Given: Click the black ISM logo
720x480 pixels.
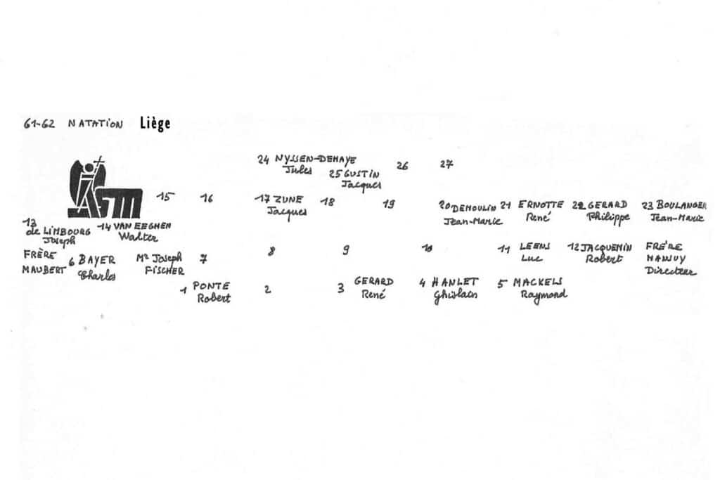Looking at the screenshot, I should click(105, 189).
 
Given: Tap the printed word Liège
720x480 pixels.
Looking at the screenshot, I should click(155, 124).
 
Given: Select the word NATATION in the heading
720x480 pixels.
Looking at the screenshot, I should click(96, 124).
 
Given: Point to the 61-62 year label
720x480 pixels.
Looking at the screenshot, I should click(40, 124).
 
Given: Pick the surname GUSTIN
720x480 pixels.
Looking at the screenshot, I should click(362, 174).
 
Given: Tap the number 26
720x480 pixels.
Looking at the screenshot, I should click(402, 167).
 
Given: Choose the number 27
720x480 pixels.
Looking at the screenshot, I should click(446, 164).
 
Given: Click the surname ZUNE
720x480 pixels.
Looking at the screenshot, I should click(289, 200).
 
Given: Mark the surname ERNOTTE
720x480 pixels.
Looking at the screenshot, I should click(541, 205).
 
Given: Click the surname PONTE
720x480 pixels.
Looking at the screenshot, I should click(211, 286).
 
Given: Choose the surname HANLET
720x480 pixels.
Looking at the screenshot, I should click(455, 282).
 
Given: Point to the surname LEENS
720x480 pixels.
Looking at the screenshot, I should click(534, 247).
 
